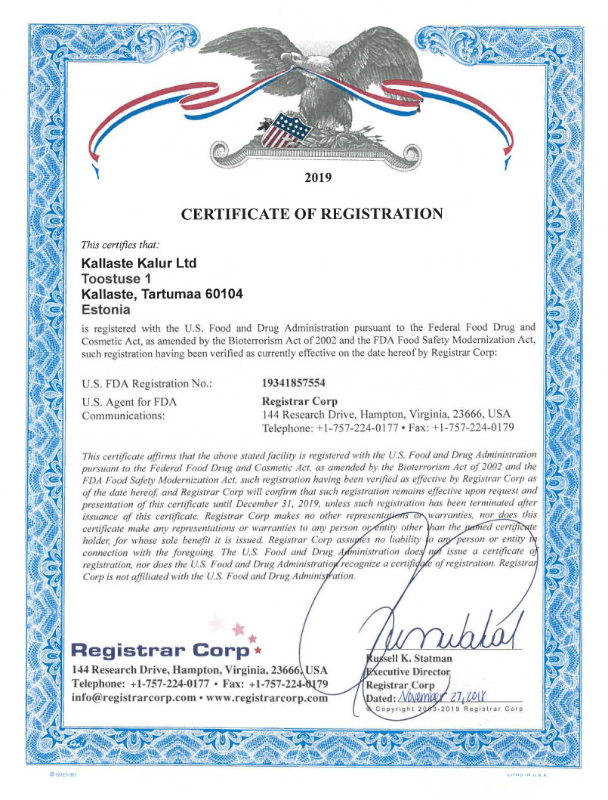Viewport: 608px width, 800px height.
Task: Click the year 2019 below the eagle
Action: [316, 179]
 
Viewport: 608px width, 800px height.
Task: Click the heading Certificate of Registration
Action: [312, 214]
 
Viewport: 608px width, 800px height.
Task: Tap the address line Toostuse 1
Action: [110, 279]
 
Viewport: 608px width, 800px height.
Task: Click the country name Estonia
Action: [105, 309]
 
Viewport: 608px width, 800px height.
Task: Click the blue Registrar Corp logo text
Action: [160, 650]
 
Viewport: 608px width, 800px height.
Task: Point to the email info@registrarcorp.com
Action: [133, 698]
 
